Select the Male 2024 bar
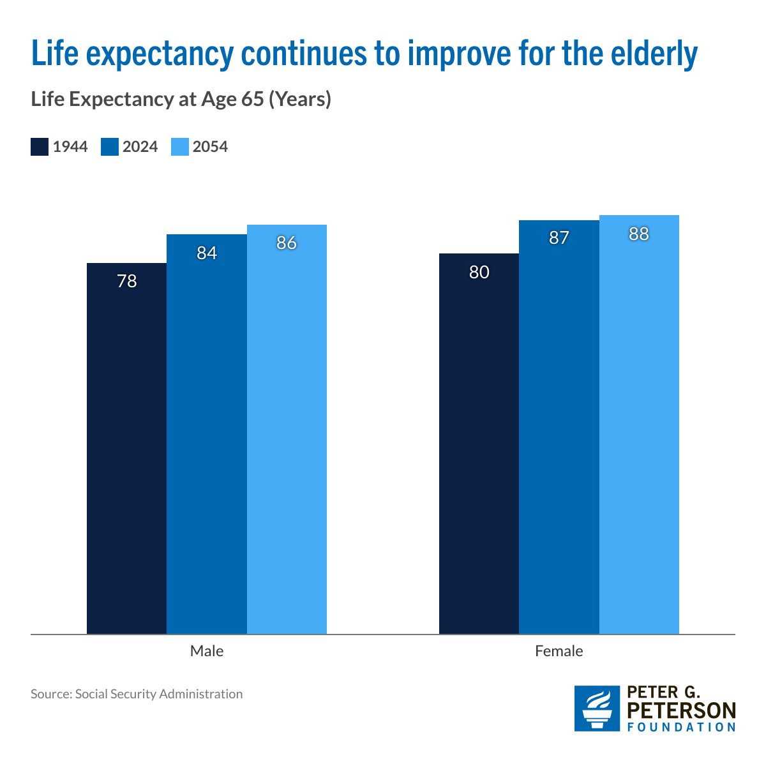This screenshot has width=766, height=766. tap(207, 434)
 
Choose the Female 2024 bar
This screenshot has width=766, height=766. tap(559, 427)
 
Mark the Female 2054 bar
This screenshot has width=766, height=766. tap(639, 424)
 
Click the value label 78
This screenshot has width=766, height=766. tap(127, 281)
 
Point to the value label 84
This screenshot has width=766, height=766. tap(207, 253)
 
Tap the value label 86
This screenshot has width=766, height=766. tap(287, 243)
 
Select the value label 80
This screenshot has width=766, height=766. tap(479, 272)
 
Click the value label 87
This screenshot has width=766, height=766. tap(559, 238)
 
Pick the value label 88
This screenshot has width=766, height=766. tap(639, 234)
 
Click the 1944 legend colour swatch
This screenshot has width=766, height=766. tap(40, 147)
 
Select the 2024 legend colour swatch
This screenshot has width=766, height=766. tap(110, 147)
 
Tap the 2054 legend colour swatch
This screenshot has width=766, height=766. tap(180, 147)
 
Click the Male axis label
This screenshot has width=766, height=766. tap(207, 651)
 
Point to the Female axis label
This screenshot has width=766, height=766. tap(559, 651)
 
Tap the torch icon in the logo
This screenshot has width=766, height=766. tap(597, 709)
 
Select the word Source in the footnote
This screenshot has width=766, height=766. tap(50, 694)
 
